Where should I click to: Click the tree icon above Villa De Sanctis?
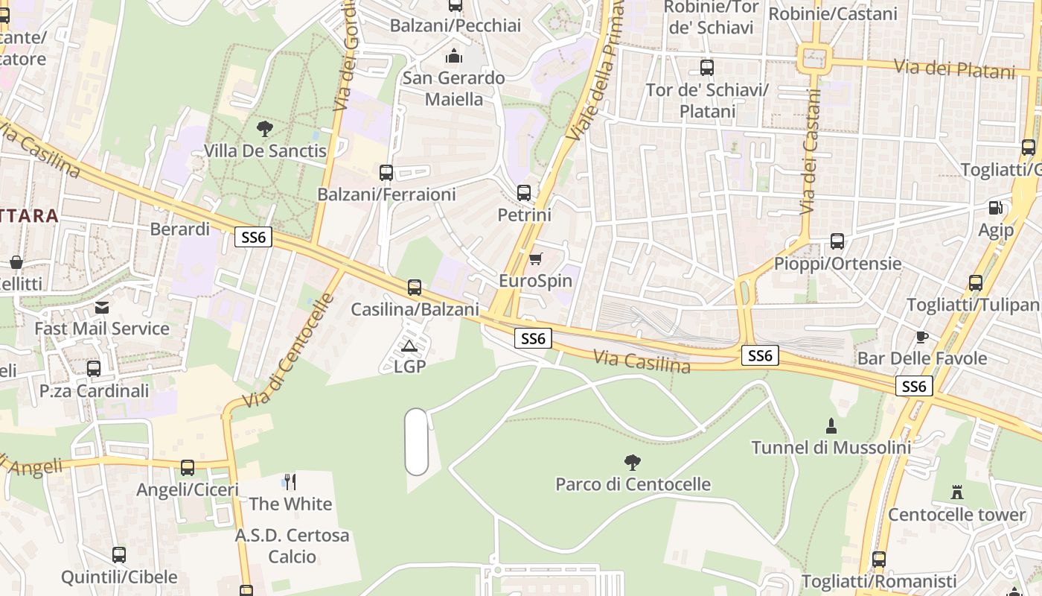264,129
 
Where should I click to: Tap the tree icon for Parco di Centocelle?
633,463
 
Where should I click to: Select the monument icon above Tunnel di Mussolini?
831,426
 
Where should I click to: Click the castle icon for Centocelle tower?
957,492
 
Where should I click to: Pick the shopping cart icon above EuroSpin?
535,259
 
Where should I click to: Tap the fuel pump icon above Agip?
996,208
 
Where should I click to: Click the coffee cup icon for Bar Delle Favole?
922,337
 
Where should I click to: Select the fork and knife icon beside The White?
290,482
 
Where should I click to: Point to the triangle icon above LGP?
409,346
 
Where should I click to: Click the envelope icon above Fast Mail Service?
102,307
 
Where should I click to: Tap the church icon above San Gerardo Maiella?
453,56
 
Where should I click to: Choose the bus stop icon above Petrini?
524,193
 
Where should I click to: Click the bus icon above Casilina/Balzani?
415,287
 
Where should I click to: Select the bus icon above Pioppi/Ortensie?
837,241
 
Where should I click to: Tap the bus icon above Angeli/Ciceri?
188,468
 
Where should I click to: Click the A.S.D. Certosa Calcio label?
292,546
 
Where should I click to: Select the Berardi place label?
180,229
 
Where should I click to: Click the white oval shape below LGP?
417,441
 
